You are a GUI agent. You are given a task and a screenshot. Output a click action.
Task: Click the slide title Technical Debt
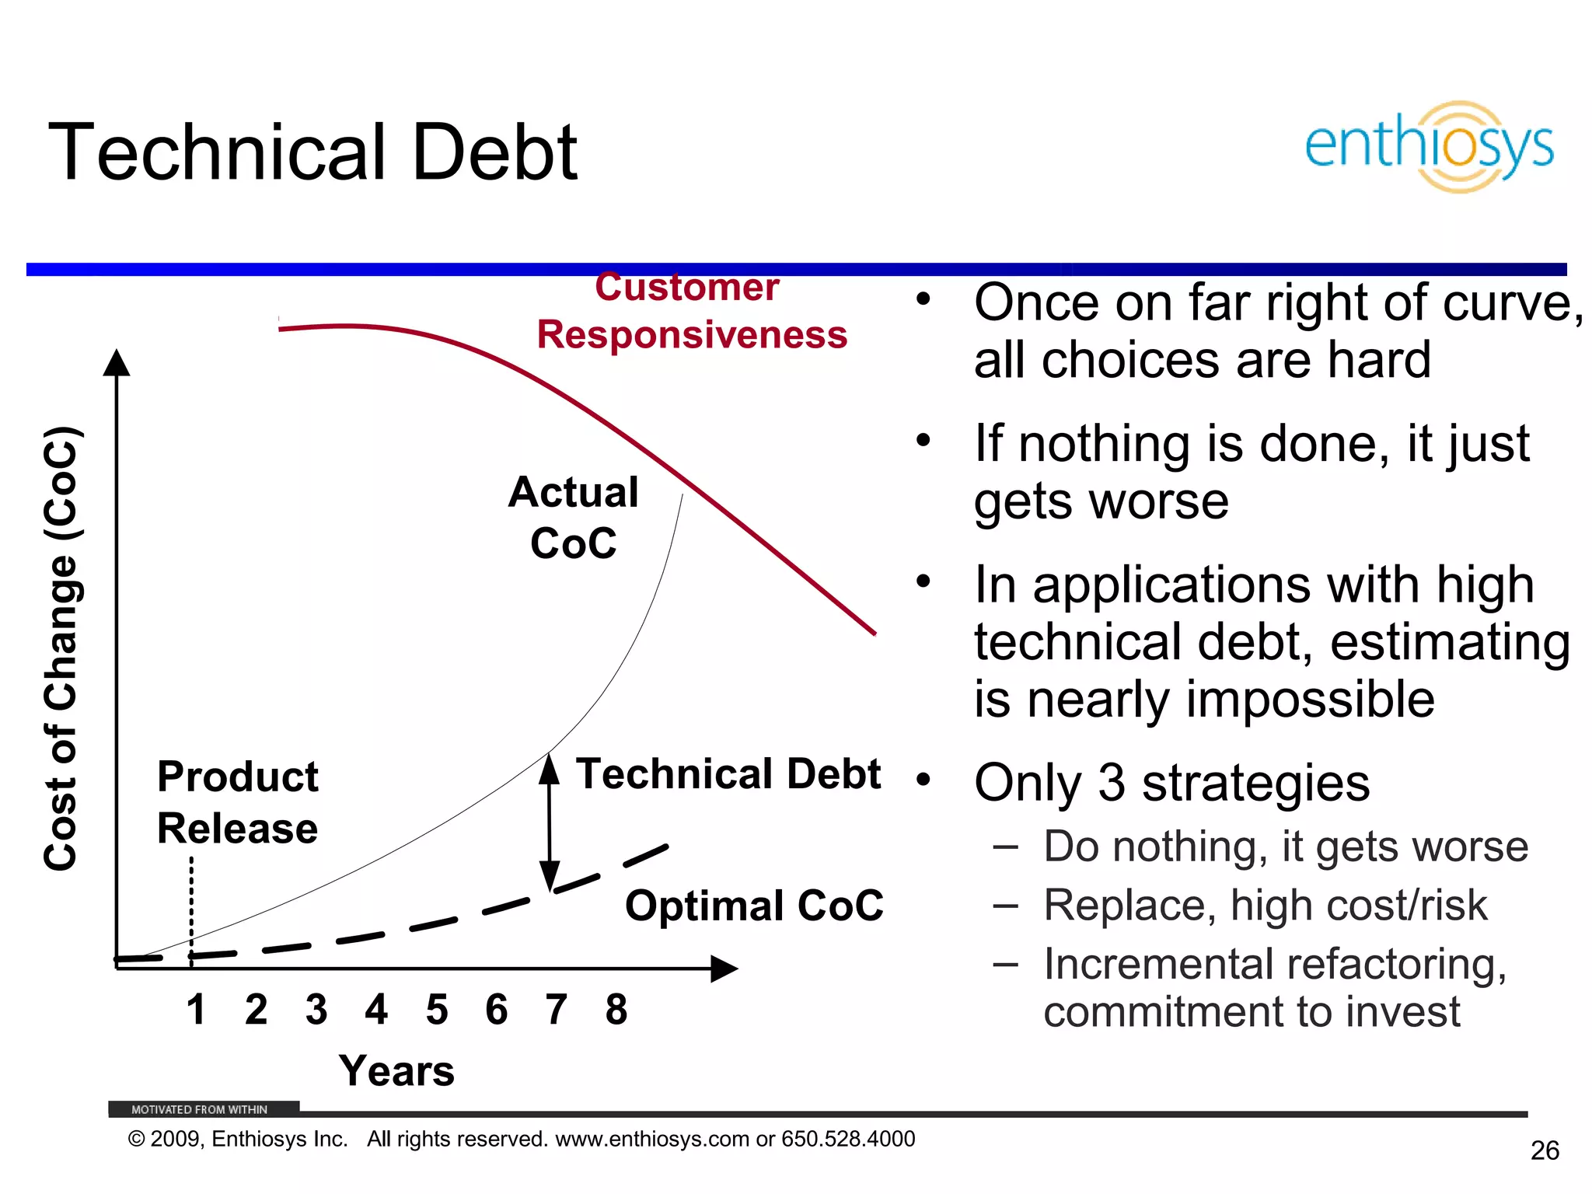[x=312, y=152]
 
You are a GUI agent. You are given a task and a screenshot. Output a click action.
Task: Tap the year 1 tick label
[x=196, y=1010]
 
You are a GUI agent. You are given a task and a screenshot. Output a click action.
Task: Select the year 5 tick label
[x=437, y=1010]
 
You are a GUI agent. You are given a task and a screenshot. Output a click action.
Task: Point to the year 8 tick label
[x=616, y=1010]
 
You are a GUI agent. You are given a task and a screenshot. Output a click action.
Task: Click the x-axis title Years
[x=396, y=1071]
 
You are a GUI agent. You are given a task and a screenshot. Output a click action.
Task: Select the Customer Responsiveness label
[x=690, y=312]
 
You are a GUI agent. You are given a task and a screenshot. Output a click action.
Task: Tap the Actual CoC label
[x=574, y=518]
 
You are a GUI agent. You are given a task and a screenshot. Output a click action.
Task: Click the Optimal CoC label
[x=754, y=906]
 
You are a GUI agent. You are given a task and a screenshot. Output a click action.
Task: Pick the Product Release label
[x=238, y=802]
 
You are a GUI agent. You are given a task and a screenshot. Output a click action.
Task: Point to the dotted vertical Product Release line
[x=191, y=909]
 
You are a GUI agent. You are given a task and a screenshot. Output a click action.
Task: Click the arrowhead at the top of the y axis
[x=117, y=363]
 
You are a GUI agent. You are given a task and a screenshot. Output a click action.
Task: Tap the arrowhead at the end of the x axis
[x=724, y=969]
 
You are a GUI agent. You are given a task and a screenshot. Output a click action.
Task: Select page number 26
[x=1545, y=1150]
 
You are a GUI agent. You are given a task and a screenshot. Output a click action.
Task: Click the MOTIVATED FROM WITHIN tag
[x=200, y=1109]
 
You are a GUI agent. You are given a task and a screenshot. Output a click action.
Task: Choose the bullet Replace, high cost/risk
[x=1265, y=906]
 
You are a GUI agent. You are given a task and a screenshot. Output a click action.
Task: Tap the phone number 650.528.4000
[x=848, y=1139]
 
